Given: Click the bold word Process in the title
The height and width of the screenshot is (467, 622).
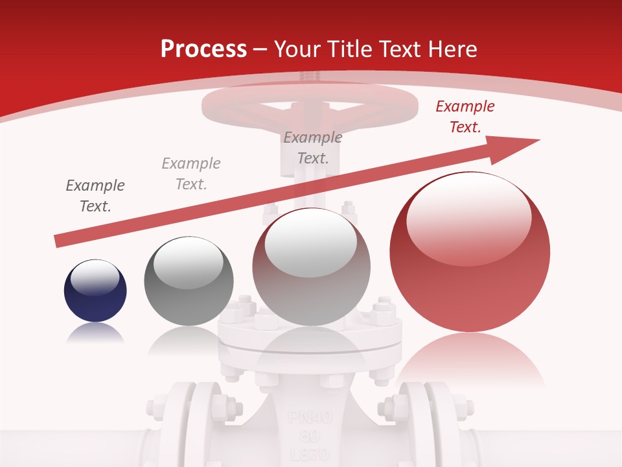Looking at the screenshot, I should pyautogui.click(x=203, y=49).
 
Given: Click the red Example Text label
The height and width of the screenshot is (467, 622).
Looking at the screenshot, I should pyautogui.click(x=465, y=117).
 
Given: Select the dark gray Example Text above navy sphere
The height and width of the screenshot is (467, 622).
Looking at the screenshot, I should pyautogui.click(x=95, y=196).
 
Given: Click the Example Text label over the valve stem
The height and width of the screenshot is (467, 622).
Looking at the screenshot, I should pyautogui.click(x=313, y=148).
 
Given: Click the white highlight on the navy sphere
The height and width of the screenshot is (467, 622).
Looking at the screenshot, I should pyautogui.click(x=95, y=278).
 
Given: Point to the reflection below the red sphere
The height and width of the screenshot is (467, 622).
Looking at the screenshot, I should pyautogui.click(x=470, y=357).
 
